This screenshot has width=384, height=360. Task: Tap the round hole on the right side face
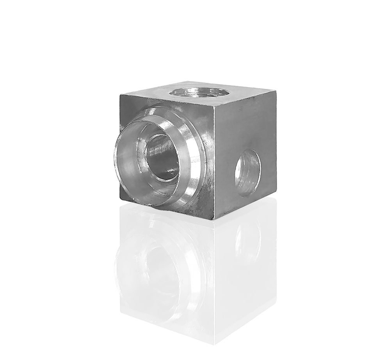click(x=247, y=173)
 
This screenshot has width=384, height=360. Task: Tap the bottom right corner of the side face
click(x=276, y=195)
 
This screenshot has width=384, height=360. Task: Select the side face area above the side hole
click(x=246, y=125)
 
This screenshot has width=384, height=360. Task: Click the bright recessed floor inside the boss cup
click(x=133, y=168)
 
